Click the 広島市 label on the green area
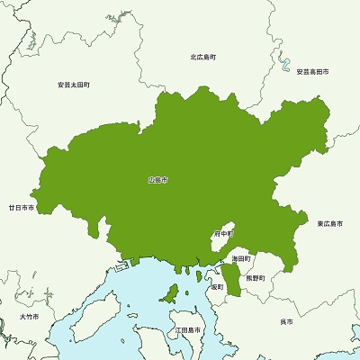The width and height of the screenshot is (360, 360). point(158,181)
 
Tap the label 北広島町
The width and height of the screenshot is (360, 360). point(202,57)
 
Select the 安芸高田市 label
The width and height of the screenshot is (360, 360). point(312,71)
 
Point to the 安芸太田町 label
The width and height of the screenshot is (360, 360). point(73,85)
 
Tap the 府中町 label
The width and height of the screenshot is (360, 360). point(223,234)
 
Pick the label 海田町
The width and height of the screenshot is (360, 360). point(240,258)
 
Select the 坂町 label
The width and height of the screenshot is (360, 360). point(217,287)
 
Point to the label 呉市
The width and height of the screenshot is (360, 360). point(286,321)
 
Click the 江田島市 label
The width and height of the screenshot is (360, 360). point(189,330)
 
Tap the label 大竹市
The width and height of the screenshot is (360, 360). point(29,318)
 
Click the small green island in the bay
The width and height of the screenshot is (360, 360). point(167,292)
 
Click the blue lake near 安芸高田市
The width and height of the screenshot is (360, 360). point(286,63)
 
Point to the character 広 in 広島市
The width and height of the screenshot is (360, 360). point(152,181)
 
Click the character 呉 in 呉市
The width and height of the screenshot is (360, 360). point(283,321)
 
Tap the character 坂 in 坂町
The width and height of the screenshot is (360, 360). point(213,287)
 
